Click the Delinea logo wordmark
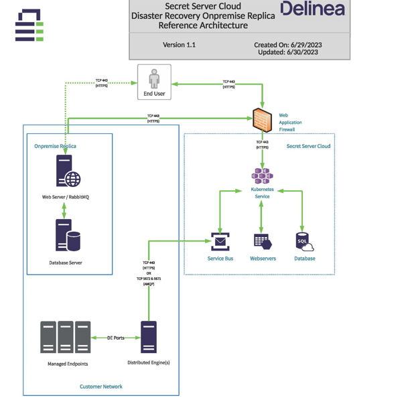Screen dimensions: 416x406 click(x=312, y=9)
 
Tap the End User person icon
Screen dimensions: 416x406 click(x=154, y=78)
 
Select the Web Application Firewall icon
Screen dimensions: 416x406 click(x=262, y=120)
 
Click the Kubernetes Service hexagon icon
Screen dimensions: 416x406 click(x=262, y=176)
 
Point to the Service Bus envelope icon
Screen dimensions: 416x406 click(x=220, y=242)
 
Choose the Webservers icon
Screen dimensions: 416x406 click(x=262, y=242)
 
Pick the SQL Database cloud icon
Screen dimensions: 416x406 click(x=305, y=242)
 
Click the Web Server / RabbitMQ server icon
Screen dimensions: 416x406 click(x=68, y=171)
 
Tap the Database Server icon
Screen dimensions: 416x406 click(x=67, y=236)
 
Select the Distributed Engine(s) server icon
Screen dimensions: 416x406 click(x=149, y=337)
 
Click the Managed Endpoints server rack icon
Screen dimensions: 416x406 click(x=65, y=337)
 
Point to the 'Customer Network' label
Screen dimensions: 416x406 click(x=101, y=387)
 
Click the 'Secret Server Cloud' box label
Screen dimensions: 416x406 click(x=308, y=146)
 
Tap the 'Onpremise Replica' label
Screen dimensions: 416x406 click(x=55, y=146)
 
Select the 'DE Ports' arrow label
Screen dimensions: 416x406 click(x=115, y=338)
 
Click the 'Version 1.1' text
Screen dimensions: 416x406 click(x=179, y=45)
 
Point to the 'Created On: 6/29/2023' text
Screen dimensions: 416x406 click(x=287, y=45)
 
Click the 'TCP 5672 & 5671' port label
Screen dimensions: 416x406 click(x=149, y=279)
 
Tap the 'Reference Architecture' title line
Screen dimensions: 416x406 click(x=203, y=25)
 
